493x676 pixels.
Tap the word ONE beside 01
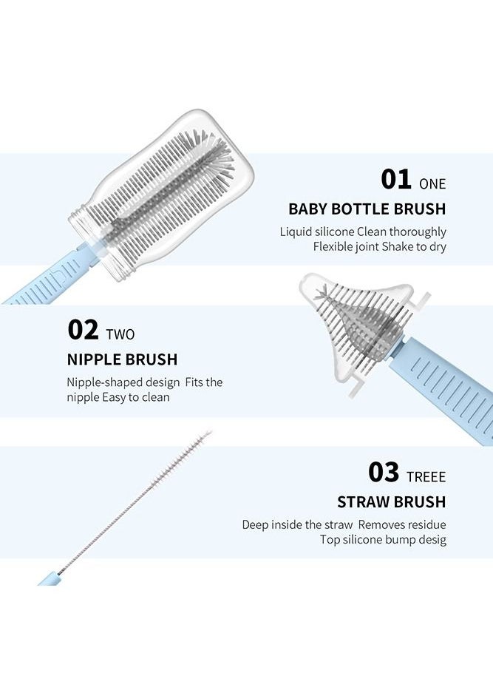tap(432, 184)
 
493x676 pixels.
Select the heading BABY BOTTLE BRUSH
tap(367, 209)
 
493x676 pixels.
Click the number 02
tap(83, 330)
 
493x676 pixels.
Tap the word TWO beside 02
tap(120, 334)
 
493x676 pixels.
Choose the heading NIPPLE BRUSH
tap(122, 359)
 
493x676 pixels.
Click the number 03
tap(383, 472)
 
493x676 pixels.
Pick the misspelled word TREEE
tap(426, 477)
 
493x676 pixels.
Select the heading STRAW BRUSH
tap(391, 501)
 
